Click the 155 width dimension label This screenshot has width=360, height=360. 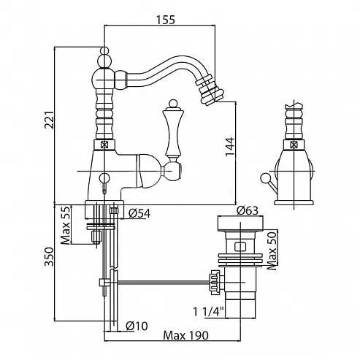(166, 20)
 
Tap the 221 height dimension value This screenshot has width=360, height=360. (49, 120)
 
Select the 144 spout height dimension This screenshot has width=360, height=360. (230, 147)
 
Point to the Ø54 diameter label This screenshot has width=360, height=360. (139, 213)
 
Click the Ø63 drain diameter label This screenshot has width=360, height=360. (248, 211)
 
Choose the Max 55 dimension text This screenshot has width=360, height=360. (65, 225)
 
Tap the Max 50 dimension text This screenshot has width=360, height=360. (272, 250)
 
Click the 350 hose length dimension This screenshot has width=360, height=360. (49, 256)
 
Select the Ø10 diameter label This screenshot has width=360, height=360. (137, 326)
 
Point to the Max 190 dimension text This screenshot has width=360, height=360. (186, 335)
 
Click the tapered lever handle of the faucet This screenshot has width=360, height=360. (173, 132)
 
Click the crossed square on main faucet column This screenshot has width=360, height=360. (104, 145)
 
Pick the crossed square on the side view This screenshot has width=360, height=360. (294, 145)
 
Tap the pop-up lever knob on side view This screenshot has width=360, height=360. (264, 178)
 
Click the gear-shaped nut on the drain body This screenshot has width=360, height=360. (215, 283)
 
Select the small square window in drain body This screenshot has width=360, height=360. (240, 247)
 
